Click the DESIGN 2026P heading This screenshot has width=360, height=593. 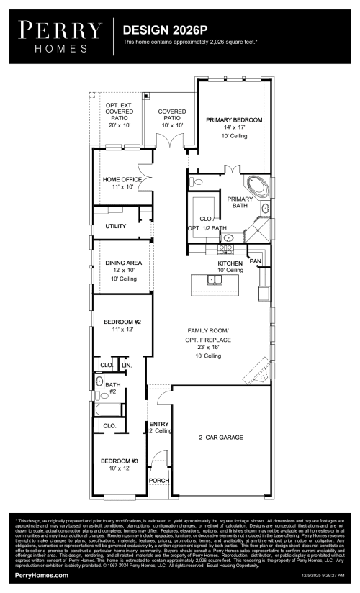(165, 31)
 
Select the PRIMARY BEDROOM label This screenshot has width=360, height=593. (234, 119)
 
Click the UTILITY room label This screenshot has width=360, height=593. (115, 226)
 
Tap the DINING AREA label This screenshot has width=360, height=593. (123, 263)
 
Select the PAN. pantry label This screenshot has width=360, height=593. (255, 261)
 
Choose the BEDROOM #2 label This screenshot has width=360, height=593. (122, 321)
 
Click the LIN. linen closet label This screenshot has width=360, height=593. (127, 366)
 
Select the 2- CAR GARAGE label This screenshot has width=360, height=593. (220, 437)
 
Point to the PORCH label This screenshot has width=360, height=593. (158, 480)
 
